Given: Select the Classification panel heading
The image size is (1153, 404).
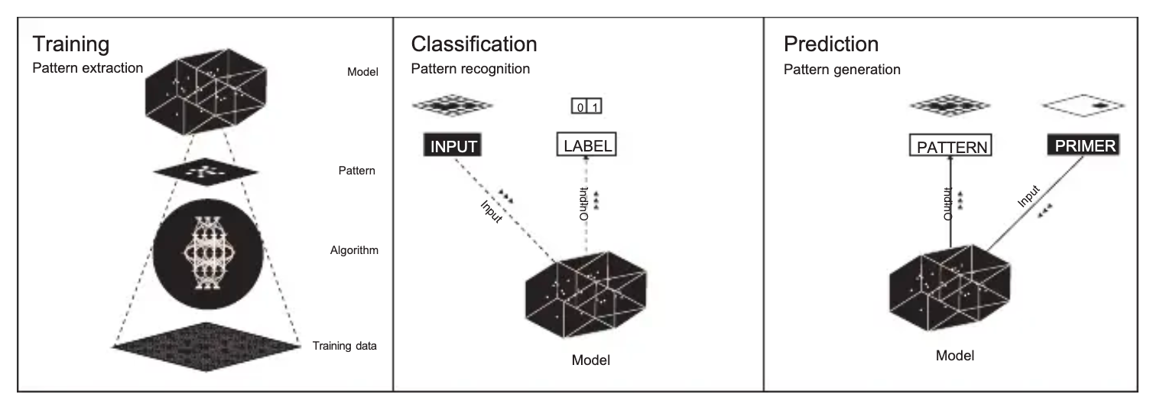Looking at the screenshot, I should pyautogui.click(x=474, y=43).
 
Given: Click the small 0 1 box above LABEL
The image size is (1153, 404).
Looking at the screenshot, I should pyautogui.click(x=586, y=108).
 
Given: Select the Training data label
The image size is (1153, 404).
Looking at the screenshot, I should pyautogui.click(x=344, y=346).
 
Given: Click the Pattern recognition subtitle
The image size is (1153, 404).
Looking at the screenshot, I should pyautogui.click(x=470, y=69).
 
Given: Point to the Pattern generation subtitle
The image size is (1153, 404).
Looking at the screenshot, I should pyautogui.click(x=842, y=69).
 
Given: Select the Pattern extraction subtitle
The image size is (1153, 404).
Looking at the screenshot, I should pyautogui.click(x=87, y=67).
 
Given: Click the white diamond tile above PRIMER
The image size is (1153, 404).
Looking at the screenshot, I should pyautogui.click(x=1080, y=106).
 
